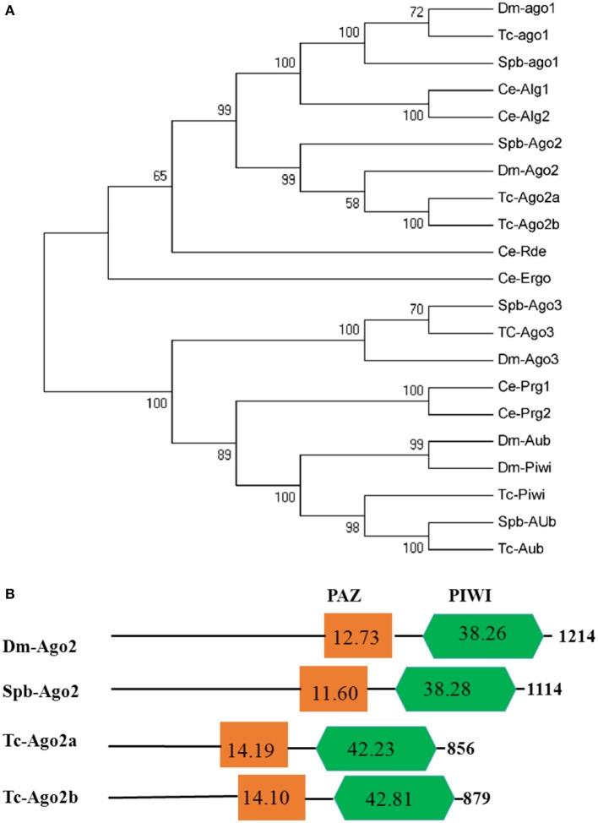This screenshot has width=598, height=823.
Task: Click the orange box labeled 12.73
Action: (x=357, y=635)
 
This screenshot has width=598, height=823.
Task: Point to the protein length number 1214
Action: (x=577, y=635)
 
